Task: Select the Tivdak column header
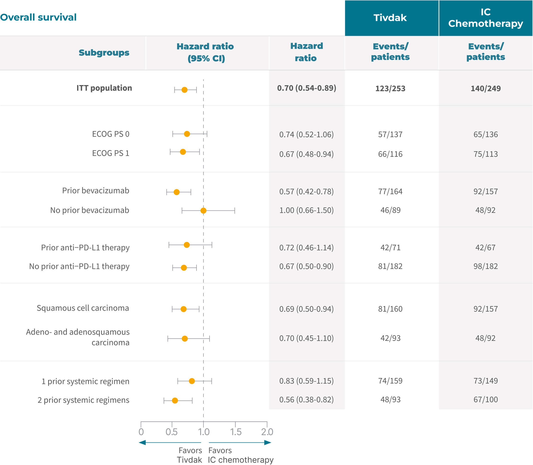point(390,18)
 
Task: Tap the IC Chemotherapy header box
point(485,18)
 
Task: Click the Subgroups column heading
point(104,52)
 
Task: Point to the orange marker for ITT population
point(184,90)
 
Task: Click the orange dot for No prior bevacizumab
point(203,210)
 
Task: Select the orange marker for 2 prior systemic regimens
point(175,400)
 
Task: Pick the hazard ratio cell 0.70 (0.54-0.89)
point(306,88)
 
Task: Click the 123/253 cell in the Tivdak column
point(390,88)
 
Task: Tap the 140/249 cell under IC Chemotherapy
point(485,88)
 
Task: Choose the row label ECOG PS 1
point(110,153)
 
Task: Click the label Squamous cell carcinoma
point(83,308)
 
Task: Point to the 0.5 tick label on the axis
point(172,432)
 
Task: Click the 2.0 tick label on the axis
point(267,432)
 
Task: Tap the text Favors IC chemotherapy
point(240,455)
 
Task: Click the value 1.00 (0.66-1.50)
point(306,210)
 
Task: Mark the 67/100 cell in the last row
point(485,399)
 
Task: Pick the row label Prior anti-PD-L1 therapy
point(85,247)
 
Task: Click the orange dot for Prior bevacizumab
point(176,192)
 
